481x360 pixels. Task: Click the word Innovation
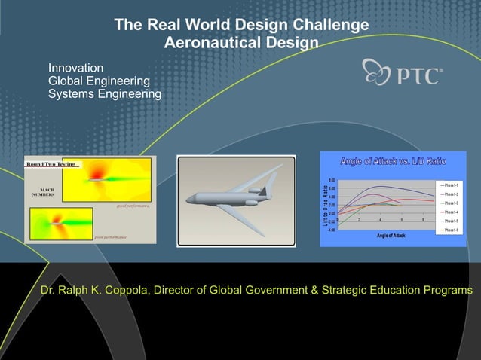(76, 69)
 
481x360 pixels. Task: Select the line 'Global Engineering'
(99, 81)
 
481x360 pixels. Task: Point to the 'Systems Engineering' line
(105, 94)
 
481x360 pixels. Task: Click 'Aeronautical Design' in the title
(240, 44)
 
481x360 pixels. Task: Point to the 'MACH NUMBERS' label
(42, 191)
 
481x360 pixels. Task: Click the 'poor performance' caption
(110, 236)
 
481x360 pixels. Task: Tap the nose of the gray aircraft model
(189, 200)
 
